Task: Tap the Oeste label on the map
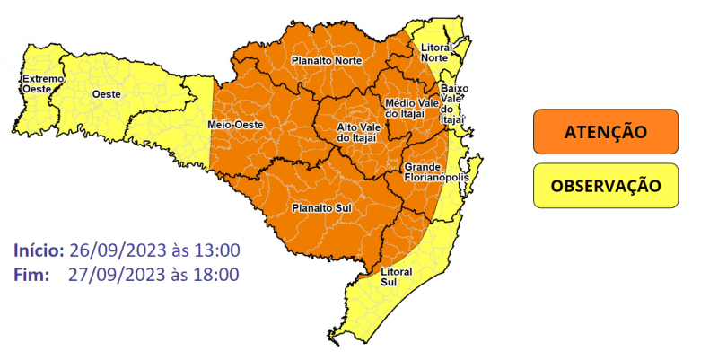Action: coord(108,92)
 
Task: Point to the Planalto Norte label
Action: coord(327,61)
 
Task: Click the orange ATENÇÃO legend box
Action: coord(605,132)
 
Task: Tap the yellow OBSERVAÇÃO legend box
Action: coord(605,186)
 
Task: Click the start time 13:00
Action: coord(217,250)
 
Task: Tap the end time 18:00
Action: coord(217,274)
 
